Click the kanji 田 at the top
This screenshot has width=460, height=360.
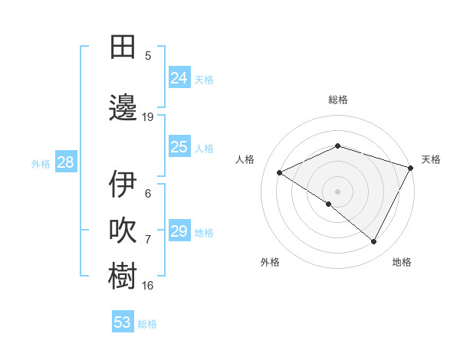click(x=123, y=47)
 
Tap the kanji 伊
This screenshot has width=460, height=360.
click(x=123, y=184)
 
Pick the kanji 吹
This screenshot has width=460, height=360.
click(x=123, y=231)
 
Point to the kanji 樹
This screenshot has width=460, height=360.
click(x=123, y=277)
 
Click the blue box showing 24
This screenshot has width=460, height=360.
click(x=179, y=78)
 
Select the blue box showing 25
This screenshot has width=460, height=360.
click(x=179, y=147)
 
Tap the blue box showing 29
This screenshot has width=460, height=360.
click(x=179, y=231)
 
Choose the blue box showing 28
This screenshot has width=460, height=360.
click(x=65, y=162)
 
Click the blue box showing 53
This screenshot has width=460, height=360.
click(x=123, y=322)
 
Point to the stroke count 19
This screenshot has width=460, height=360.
click(x=148, y=117)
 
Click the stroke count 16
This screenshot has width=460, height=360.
click(x=148, y=286)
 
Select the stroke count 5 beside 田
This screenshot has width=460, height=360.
click(x=148, y=56)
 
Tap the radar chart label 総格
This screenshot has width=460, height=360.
click(x=338, y=100)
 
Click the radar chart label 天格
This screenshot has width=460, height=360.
click(x=431, y=159)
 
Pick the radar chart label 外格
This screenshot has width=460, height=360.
click(x=270, y=262)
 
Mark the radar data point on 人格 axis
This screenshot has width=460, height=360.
click(x=280, y=172)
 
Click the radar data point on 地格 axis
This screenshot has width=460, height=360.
click(x=374, y=242)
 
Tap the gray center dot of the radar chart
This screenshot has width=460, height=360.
click(x=337, y=191)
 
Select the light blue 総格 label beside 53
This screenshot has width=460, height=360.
click(x=147, y=324)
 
